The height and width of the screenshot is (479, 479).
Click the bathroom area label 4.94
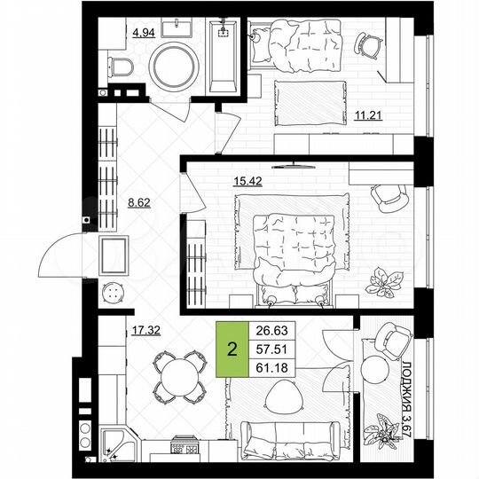(144, 33)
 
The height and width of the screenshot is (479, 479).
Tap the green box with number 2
(232, 347)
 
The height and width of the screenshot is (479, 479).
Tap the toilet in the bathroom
(122, 64)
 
